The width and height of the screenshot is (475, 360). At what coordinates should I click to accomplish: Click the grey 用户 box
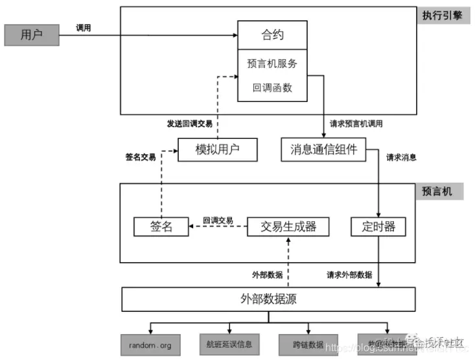click(31, 35)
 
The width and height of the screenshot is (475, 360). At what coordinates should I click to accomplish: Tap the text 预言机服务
click(272, 64)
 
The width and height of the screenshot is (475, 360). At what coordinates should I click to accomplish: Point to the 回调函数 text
click(272, 88)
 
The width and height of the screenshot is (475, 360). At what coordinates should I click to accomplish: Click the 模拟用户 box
click(217, 150)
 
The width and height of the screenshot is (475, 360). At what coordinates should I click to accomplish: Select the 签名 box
click(161, 226)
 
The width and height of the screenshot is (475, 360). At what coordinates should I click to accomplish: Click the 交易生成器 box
click(288, 226)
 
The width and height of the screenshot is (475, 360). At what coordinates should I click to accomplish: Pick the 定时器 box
click(377, 226)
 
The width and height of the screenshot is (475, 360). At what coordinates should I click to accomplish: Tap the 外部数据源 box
click(268, 300)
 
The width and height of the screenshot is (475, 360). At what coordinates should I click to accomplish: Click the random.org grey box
click(150, 344)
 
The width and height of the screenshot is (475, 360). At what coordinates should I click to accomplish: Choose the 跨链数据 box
click(308, 344)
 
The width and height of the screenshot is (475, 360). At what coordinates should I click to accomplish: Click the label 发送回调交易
click(189, 124)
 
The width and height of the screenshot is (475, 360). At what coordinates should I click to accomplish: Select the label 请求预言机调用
click(365, 124)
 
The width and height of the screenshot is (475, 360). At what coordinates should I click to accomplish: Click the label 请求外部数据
click(349, 274)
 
